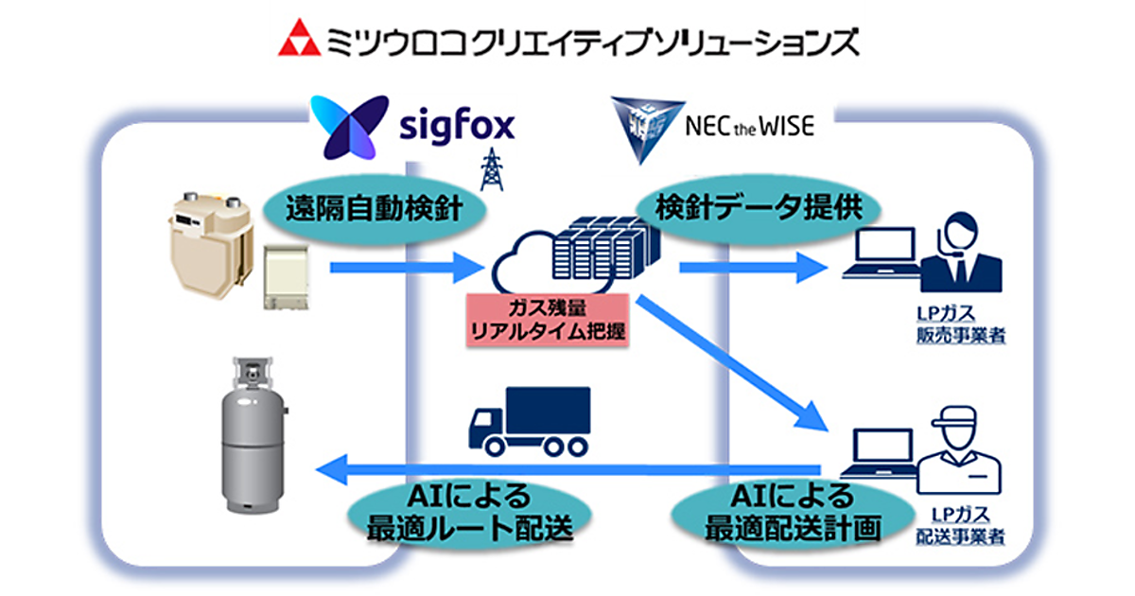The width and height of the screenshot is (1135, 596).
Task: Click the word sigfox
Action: [455, 127]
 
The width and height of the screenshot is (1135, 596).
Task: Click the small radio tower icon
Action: [492, 171]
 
